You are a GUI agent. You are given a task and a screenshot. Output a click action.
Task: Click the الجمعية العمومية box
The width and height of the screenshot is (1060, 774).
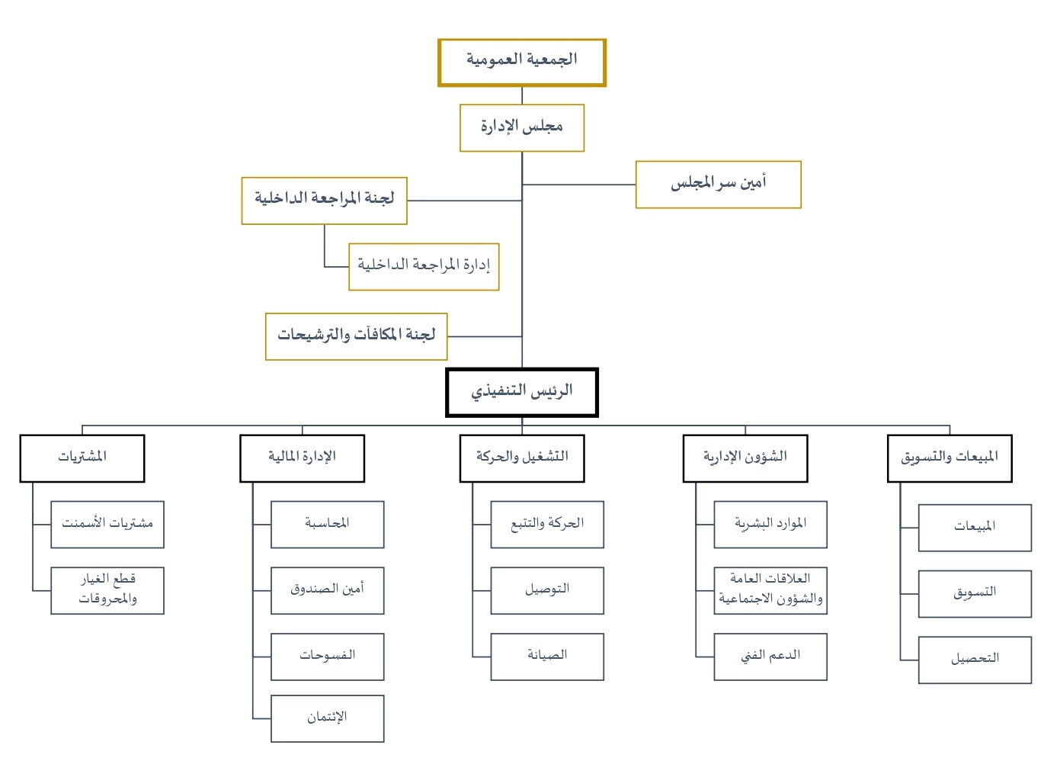(x=522, y=63)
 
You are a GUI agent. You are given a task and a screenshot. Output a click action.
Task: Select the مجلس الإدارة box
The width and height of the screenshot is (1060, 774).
(x=522, y=128)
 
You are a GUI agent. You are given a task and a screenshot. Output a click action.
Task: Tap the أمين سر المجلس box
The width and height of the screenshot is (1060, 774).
(x=719, y=185)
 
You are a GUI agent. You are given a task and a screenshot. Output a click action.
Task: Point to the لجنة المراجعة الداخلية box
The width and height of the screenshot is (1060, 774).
(x=324, y=201)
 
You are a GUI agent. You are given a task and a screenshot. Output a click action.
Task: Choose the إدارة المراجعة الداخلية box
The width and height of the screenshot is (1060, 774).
(x=424, y=267)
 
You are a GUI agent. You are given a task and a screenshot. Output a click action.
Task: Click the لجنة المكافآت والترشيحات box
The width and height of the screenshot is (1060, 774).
(x=357, y=336)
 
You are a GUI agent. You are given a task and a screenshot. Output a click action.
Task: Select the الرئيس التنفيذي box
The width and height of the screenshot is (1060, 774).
(x=522, y=393)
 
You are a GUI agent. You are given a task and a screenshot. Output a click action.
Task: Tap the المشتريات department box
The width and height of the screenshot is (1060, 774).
(x=82, y=459)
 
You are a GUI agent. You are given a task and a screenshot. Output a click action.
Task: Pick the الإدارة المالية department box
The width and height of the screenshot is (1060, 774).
(x=303, y=459)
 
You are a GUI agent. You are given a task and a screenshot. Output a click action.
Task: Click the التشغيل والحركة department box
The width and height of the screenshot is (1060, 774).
(x=522, y=459)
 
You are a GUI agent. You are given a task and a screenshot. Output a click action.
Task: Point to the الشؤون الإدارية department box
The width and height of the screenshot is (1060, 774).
(x=745, y=459)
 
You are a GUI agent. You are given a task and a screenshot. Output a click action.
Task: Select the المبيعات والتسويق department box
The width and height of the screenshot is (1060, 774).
(x=950, y=459)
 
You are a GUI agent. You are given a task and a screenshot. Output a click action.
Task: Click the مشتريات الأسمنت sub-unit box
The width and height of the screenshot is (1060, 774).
(x=107, y=525)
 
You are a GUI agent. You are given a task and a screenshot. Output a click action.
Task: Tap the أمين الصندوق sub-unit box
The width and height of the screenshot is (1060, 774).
(x=328, y=591)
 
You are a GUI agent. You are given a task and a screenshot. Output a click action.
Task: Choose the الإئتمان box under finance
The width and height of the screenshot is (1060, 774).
(x=328, y=718)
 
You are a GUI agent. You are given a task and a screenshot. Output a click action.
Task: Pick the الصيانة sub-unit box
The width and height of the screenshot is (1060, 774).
(x=547, y=657)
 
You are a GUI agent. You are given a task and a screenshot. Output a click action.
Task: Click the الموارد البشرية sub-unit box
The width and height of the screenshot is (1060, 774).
(x=770, y=525)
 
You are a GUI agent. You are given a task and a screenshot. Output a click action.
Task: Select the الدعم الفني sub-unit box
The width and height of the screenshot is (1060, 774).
(x=770, y=657)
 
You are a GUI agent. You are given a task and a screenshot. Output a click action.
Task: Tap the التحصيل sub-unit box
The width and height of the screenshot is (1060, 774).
(x=975, y=660)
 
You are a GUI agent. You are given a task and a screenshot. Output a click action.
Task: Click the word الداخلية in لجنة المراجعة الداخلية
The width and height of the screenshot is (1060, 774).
(x=275, y=198)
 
